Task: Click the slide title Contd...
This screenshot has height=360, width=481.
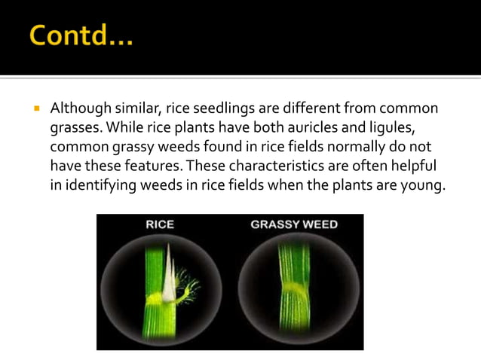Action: tap(81, 35)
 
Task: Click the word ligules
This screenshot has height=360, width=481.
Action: tap(400, 128)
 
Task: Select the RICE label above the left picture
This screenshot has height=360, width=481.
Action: tap(161, 224)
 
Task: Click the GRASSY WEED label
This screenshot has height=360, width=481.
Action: tap(294, 224)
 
